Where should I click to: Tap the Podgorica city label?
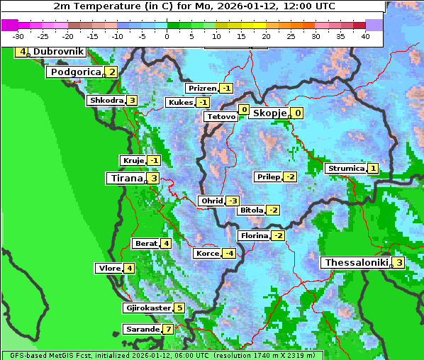pyautogui.click(x=75, y=72)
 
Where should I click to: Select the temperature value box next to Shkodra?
pyautogui.click(x=132, y=101)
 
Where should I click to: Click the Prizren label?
pyautogui.click(x=201, y=89)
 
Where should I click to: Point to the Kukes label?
pyautogui.click(x=179, y=103)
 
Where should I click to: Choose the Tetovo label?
pyautogui.click(x=221, y=116)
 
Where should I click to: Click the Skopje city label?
pyautogui.click(x=269, y=113)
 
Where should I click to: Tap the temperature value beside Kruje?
pyautogui.click(x=154, y=161)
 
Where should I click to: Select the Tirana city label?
pyautogui.click(x=125, y=179)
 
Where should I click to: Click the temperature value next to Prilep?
pyautogui.click(x=289, y=176)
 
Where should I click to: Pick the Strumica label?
pyautogui.click(x=345, y=169)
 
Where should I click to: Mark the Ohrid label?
pyautogui.click(x=211, y=201)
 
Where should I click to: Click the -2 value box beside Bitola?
pyautogui.click(x=273, y=210)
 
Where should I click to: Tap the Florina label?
pyautogui.click(x=253, y=235)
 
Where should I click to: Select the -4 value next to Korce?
pyautogui.click(x=229, y=253)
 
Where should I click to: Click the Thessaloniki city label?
pyautogui.click(x=356, y=263)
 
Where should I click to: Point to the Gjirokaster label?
pyautogui.click(x=147, y=308)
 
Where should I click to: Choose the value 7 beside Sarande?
pyautogui.click(x=167, y=330)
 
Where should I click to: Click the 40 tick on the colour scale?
pyautogui.click(x=365, y=35)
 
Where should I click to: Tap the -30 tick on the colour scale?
pyautogui.click(x=18, y=35)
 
